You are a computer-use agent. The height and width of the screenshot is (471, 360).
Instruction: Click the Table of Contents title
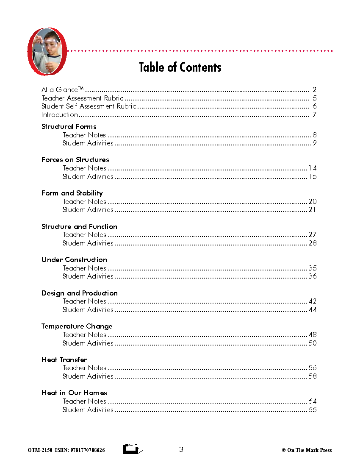(x=180, y=67)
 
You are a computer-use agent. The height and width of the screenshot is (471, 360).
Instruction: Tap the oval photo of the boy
(x=47, y=51)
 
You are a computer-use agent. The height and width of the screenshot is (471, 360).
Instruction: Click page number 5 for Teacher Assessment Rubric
(x=314, y=98)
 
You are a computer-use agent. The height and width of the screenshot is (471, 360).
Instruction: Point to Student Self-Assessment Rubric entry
(x=89, y=106)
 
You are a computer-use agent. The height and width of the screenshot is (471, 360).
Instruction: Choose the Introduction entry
(x=60, y=115)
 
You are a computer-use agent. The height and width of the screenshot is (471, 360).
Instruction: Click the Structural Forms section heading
(x=69, y=127)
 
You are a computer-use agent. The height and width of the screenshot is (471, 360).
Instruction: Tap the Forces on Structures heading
(x=75, y=160)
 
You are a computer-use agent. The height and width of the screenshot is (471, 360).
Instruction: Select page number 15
(x=312, y=177)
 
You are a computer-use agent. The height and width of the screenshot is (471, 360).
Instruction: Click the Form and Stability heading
(x=72, y=193)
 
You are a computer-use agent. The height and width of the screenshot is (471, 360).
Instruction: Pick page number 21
(x=312, y=210)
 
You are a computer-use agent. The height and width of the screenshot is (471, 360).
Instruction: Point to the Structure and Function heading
(x=79, y=227)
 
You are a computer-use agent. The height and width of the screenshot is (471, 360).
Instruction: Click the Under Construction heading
(x=74, y=260)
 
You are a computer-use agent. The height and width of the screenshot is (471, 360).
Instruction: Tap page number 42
(x=312, y=301)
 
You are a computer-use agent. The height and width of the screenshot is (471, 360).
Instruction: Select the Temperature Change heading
(x=77, y=326)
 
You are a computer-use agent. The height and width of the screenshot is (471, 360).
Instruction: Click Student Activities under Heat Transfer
(x=88, y=376)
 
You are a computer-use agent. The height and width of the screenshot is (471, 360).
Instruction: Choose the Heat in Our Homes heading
(x=74, y=393)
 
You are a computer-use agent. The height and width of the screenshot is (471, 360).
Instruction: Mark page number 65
(x=312, y=410)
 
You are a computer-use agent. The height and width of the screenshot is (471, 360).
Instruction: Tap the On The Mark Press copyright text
(x=307, y=450)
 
